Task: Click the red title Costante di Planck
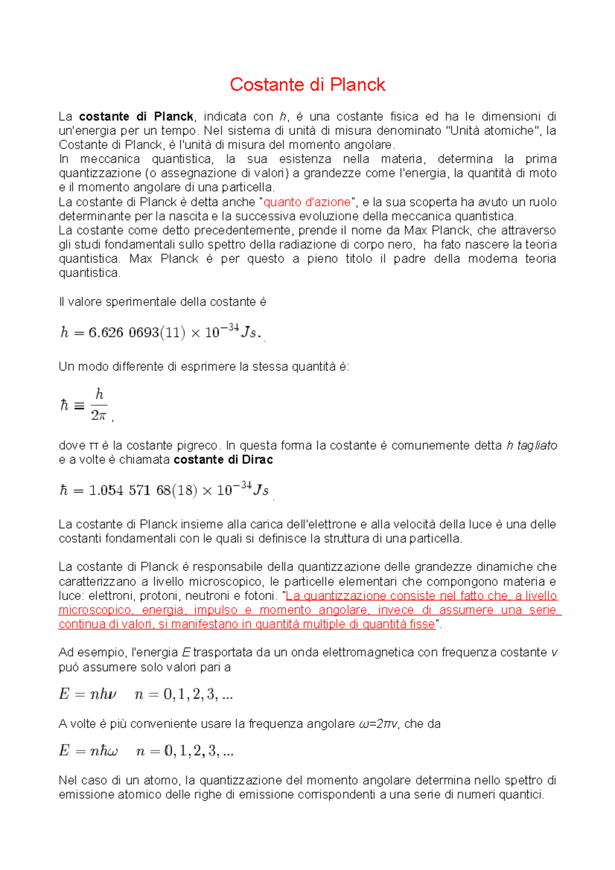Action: pyautogui.click(x=307, y=85)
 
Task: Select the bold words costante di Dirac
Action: pyautogui.click(x=223, y=460)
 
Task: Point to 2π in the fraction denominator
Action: pyautogui.click(x=98, y=416)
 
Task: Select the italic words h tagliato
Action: pyautogui.click(x=531, y=445)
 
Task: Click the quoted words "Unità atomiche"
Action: pyautogui.click(x=491, y=131)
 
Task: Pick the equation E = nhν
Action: pyautogui.click(x=88, y=695)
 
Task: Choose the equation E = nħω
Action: pyautogui.click(x=89, y=752)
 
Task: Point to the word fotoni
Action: pyautogui.click(x=260, y=596)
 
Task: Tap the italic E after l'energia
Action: pyautogui.click(x=186, y=653)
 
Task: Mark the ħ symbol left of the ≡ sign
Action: pyautogui.click(x=64, y=406)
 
